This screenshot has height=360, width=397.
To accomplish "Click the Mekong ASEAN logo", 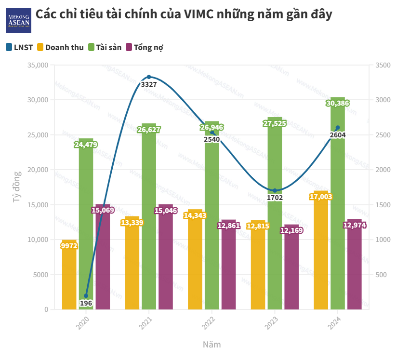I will pyautogui.click(x=18, y=20).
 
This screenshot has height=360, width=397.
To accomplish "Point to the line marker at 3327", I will pyautogui.click(x=149, y=77).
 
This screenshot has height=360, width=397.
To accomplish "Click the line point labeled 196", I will pyautogui.click(x=86, y=296).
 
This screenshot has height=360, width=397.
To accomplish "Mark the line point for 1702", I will pyautogui.click(x=275, y=191).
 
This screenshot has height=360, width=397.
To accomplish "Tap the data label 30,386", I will pyautogui.click(x=338, y=103).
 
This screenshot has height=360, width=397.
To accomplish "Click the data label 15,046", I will pyautogui.click(x=166, y=210).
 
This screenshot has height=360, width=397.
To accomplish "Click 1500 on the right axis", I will pyautogui.click(x=381, y=205).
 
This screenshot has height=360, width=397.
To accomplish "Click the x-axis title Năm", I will pyautogui.click(x=212, y=345).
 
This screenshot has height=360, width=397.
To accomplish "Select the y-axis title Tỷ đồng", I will pyautogui.click(x=17, y=187).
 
